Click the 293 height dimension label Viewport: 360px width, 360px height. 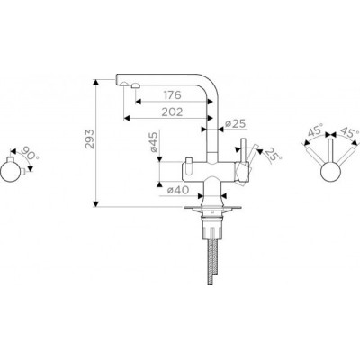[x=90, y=139]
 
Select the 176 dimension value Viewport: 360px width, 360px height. [x=173, y=95]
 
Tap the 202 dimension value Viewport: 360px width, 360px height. [x=172, y=112]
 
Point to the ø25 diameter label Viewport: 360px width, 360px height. [x=236, y=123]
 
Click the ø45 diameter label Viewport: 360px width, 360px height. [x=153, y=142]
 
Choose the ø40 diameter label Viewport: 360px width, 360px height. [x=178, y=190]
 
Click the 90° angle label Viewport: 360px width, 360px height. [x=31, y=154]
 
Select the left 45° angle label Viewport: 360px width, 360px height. [x=316, y=131]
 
